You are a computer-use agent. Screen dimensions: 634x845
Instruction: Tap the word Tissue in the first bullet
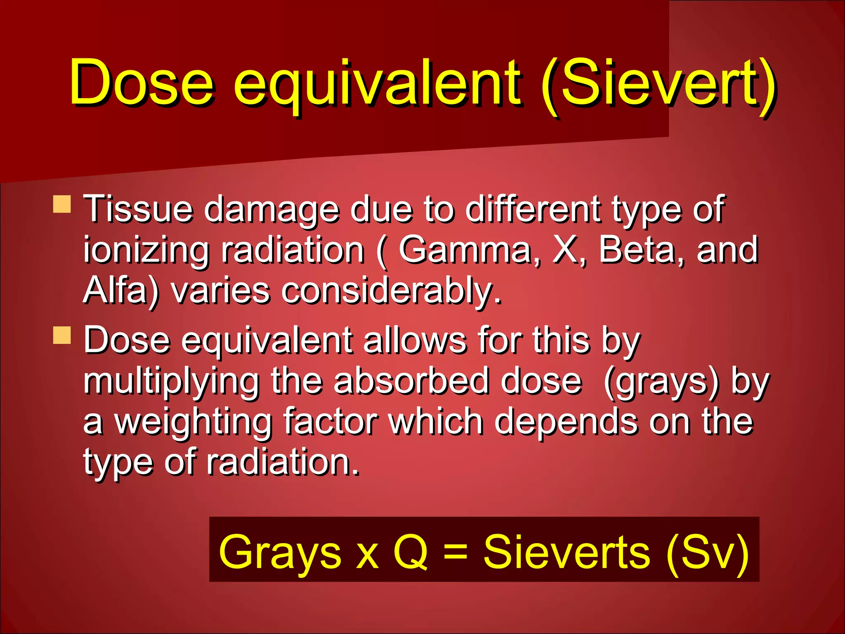(x=138, y=209)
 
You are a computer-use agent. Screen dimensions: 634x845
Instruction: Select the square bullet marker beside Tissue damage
(x=62, y=204)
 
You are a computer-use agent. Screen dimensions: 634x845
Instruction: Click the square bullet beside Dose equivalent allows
(x=62, y=335)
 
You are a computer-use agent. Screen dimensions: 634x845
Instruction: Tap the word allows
(x=415, y=340)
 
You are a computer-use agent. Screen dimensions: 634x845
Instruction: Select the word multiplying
(x=171, y=382)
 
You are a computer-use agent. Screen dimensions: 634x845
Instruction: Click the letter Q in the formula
(x=411, y=552)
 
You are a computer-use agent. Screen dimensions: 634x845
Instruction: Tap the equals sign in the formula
(x=456, y=552)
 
